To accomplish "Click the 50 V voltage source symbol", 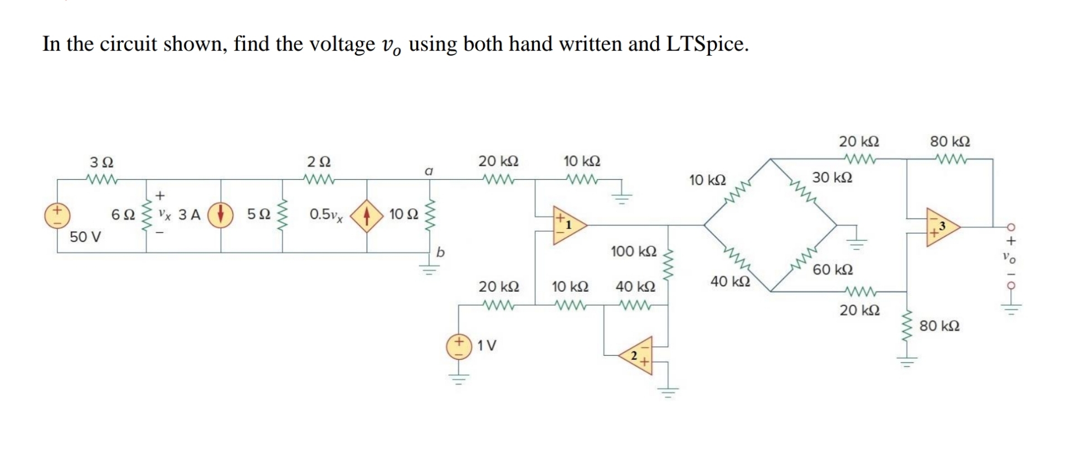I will tap(57, 216).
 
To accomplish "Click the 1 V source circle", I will tap(459, 346).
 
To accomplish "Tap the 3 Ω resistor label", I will tap(101, 163).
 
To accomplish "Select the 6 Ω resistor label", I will tap(123, 215).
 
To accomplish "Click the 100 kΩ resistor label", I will tap(634, 251).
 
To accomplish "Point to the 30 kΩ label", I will tap(832, 178).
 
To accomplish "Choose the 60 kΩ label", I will tap(833, 270).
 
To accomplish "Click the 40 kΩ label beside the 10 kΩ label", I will tap(635, 287).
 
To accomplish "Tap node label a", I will tap(429, 171).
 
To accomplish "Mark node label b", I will tap(440, 252).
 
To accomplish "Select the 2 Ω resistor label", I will tap(319, 162).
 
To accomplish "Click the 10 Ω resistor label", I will tap(403, 214).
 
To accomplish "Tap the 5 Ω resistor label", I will tap(259, 214).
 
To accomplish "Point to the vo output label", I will tap(1009, 258).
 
